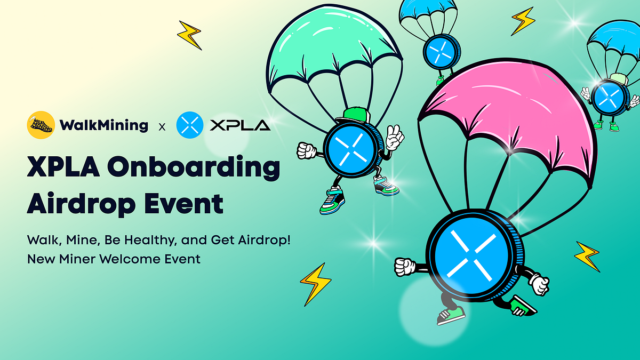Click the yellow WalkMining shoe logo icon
(41, 125)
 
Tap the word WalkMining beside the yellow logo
(104, 125)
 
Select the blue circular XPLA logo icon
(189, 125)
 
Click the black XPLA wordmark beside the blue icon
(240, 126)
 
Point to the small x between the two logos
(162, 127)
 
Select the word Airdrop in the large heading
(79, 204)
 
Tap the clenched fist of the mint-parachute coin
(307, 150)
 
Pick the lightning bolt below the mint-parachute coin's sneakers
(315, 283)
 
